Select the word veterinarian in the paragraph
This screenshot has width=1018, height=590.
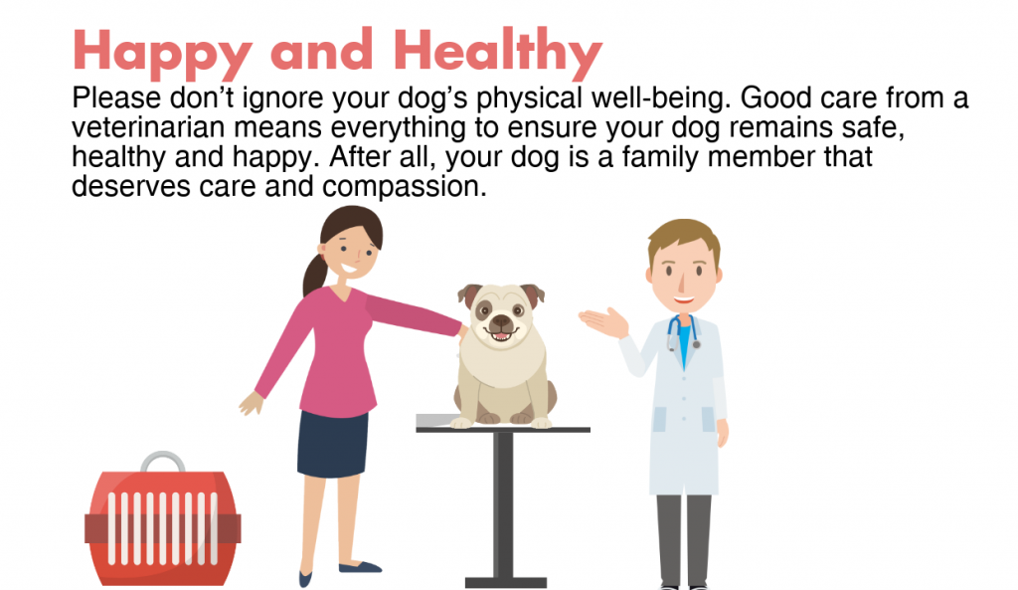click(x=148, y=127)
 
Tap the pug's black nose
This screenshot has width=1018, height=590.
click(x=501, y=321)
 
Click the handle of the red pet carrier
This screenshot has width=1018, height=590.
click(x=162, y=461)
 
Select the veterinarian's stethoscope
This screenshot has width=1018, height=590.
click(x=682, y=332)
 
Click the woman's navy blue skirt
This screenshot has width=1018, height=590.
click(x=332, y=444)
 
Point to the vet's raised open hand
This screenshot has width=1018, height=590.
click(x=603, y=321)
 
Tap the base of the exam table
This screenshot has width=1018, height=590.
click(x=505, y=583)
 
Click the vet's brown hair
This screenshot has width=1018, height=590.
click(x=684, y=237)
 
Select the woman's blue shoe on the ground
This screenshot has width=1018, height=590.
click(x=360, y=567)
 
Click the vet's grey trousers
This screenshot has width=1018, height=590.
click(x=684, y=540)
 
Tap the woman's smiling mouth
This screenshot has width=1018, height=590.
click(x=348, y=268)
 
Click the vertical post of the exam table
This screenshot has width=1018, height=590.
click(x=503, y=504)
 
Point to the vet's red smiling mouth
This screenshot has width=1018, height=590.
click(x=684, y=299)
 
